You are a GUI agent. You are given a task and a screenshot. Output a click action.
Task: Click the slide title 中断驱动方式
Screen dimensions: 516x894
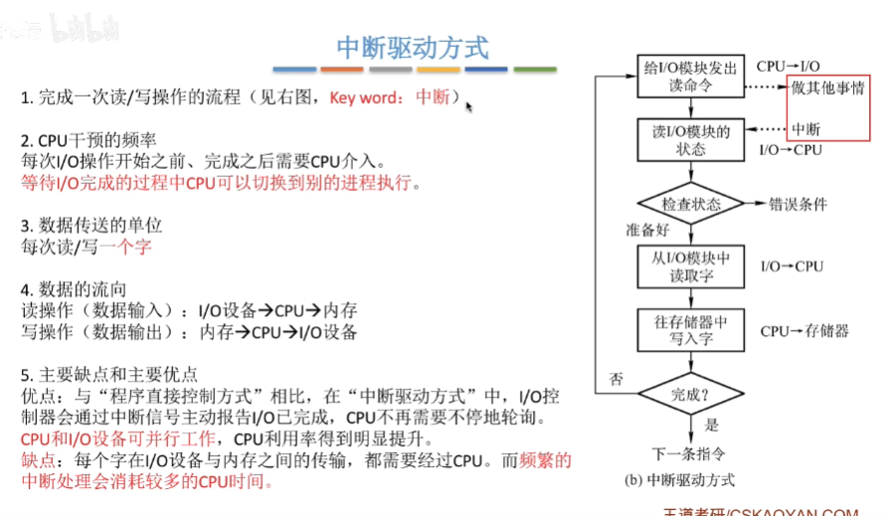point(413,47)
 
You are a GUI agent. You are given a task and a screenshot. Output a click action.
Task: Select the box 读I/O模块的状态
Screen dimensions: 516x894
point(690,140)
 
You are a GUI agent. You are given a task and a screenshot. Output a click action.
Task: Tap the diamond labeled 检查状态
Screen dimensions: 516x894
point(690,204)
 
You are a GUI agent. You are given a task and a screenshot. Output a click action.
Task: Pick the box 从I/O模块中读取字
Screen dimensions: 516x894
point(690,265)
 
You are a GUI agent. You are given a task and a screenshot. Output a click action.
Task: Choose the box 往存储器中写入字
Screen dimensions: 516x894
point(690,330)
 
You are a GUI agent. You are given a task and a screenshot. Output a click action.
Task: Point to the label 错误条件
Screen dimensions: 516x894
point(798,204)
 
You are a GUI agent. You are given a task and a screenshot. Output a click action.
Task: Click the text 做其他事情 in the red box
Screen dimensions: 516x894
point(828,87)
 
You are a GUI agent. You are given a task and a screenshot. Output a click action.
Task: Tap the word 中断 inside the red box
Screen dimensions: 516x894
point(806,129)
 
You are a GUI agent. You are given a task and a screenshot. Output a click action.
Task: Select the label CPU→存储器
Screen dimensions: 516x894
point(805,330)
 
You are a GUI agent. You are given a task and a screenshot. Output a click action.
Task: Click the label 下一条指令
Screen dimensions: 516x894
point(689,453)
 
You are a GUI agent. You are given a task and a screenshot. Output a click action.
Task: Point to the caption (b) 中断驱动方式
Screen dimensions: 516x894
point(679,480)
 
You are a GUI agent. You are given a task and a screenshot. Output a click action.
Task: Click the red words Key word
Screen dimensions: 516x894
point(363,97)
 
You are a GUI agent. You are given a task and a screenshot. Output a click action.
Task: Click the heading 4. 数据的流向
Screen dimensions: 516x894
point(74,289)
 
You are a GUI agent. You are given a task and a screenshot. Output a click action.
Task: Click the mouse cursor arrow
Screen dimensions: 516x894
point(469,105)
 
